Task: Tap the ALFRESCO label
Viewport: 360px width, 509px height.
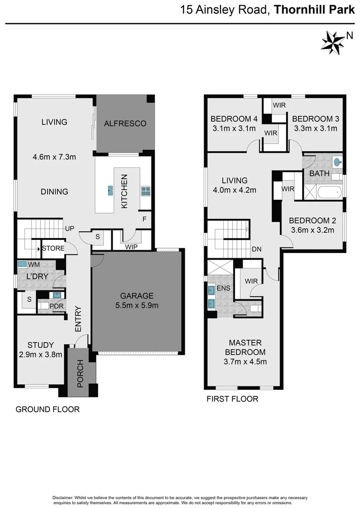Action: click(x=125, y=123)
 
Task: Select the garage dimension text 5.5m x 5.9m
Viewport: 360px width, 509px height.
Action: click(x=136, y=305)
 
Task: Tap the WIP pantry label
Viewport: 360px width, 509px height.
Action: click(x=131, y=246)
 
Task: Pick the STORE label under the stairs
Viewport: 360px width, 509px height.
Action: click(x=53, y=248)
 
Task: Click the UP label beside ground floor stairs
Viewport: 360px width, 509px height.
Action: click(x=70, y=229)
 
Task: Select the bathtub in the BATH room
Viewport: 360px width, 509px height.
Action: click(x=329, y=192)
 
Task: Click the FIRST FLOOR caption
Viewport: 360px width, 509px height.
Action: click(x=232, y=399)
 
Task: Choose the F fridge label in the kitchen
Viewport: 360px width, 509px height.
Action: click(x=145, y=219)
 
